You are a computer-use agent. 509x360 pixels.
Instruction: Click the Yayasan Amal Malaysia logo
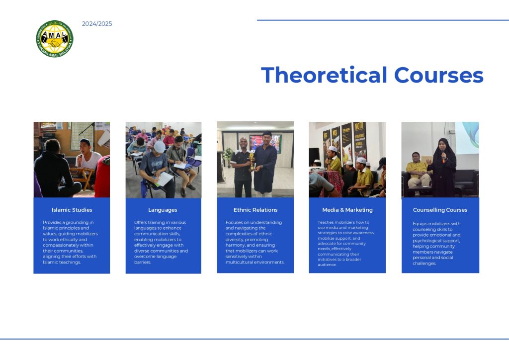point(55,39)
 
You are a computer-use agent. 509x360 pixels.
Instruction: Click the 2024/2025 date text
point(97,24)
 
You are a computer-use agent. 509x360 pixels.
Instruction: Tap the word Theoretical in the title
point(324,75)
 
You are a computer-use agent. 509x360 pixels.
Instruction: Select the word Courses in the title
point(438,75)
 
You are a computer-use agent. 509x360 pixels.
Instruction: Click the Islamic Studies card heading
point(72,210)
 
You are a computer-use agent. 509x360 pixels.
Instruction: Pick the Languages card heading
point(163,210)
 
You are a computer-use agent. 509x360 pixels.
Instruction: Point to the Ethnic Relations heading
point(255,210)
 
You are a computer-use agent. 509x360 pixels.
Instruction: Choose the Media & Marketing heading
point(347,210)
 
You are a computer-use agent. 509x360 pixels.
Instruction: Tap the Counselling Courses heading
point(440,210)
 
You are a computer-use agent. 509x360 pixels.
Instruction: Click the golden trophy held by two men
point(252,161)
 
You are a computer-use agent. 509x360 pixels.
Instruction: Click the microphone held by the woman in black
point(443,155)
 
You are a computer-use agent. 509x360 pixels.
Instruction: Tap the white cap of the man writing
point(160,147)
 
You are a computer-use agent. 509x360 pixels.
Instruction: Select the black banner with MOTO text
point(360,140)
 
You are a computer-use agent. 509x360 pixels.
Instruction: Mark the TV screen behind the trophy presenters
point(265,143)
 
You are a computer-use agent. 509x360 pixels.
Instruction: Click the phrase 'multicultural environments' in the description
point(255,262)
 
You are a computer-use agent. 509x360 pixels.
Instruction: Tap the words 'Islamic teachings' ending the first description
point(62,262)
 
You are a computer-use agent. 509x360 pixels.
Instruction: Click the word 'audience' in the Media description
point(327,265)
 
